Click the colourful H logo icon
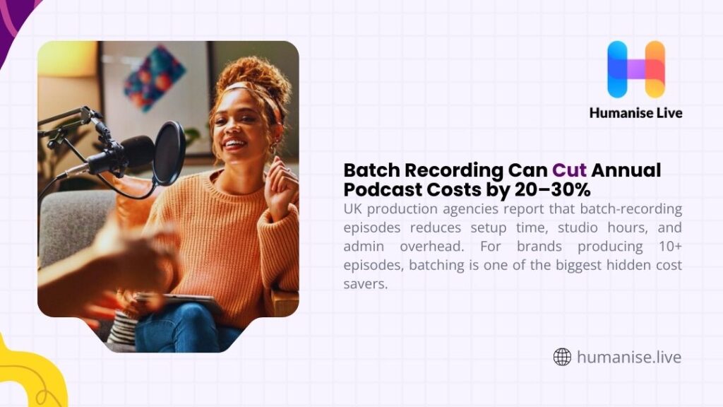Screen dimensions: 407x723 [636, 69]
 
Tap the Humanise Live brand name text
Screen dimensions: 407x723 [636, 112]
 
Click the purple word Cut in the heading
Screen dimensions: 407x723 [570, 170]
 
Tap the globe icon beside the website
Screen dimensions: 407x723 [562, 357]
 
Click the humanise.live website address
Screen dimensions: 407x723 [629, 357]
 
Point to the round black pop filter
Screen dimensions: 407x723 [169, 153]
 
